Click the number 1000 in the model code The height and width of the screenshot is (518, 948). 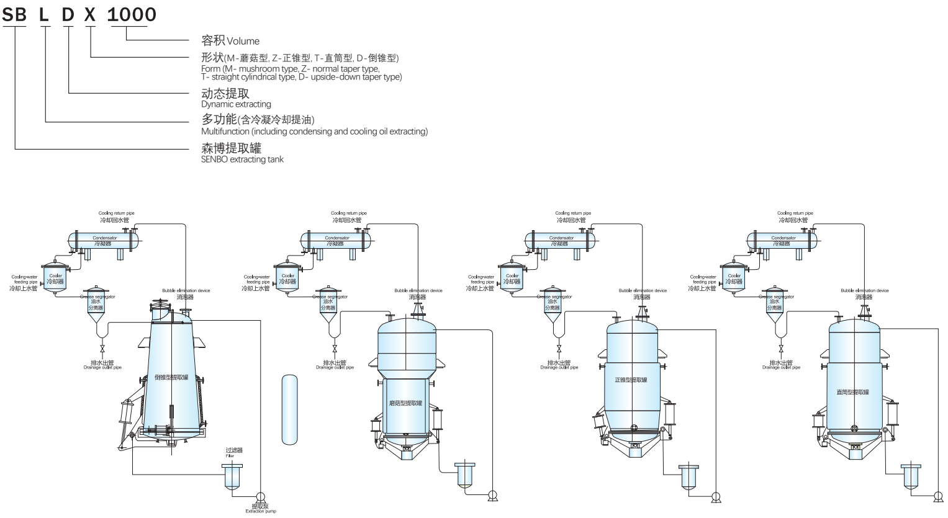[132, 15]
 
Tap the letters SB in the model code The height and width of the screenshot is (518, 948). [15, 15]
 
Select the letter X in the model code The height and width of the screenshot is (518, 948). [91, 15]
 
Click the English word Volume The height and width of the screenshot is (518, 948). [243, 42]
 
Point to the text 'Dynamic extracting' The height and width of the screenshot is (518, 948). [236, 104]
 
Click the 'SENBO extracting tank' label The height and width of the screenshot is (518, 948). [242, 159]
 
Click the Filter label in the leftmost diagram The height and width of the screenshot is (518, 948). [230, 456]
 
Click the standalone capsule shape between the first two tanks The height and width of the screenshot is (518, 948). [290, 409]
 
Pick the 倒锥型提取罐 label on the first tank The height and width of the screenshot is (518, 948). [171, 377]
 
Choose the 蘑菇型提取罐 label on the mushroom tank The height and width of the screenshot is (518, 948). [405, 403]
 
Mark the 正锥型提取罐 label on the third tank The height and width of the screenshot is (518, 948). [631, 380]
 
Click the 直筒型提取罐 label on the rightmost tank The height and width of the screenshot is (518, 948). [853, 392]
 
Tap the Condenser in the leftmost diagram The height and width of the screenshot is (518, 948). [104, 240]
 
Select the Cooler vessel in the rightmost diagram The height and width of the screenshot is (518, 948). [734, 279]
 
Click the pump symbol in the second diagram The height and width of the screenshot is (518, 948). [492, 495]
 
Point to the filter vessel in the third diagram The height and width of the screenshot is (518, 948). [688, 476]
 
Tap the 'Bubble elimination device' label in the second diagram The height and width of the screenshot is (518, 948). [418, 290]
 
